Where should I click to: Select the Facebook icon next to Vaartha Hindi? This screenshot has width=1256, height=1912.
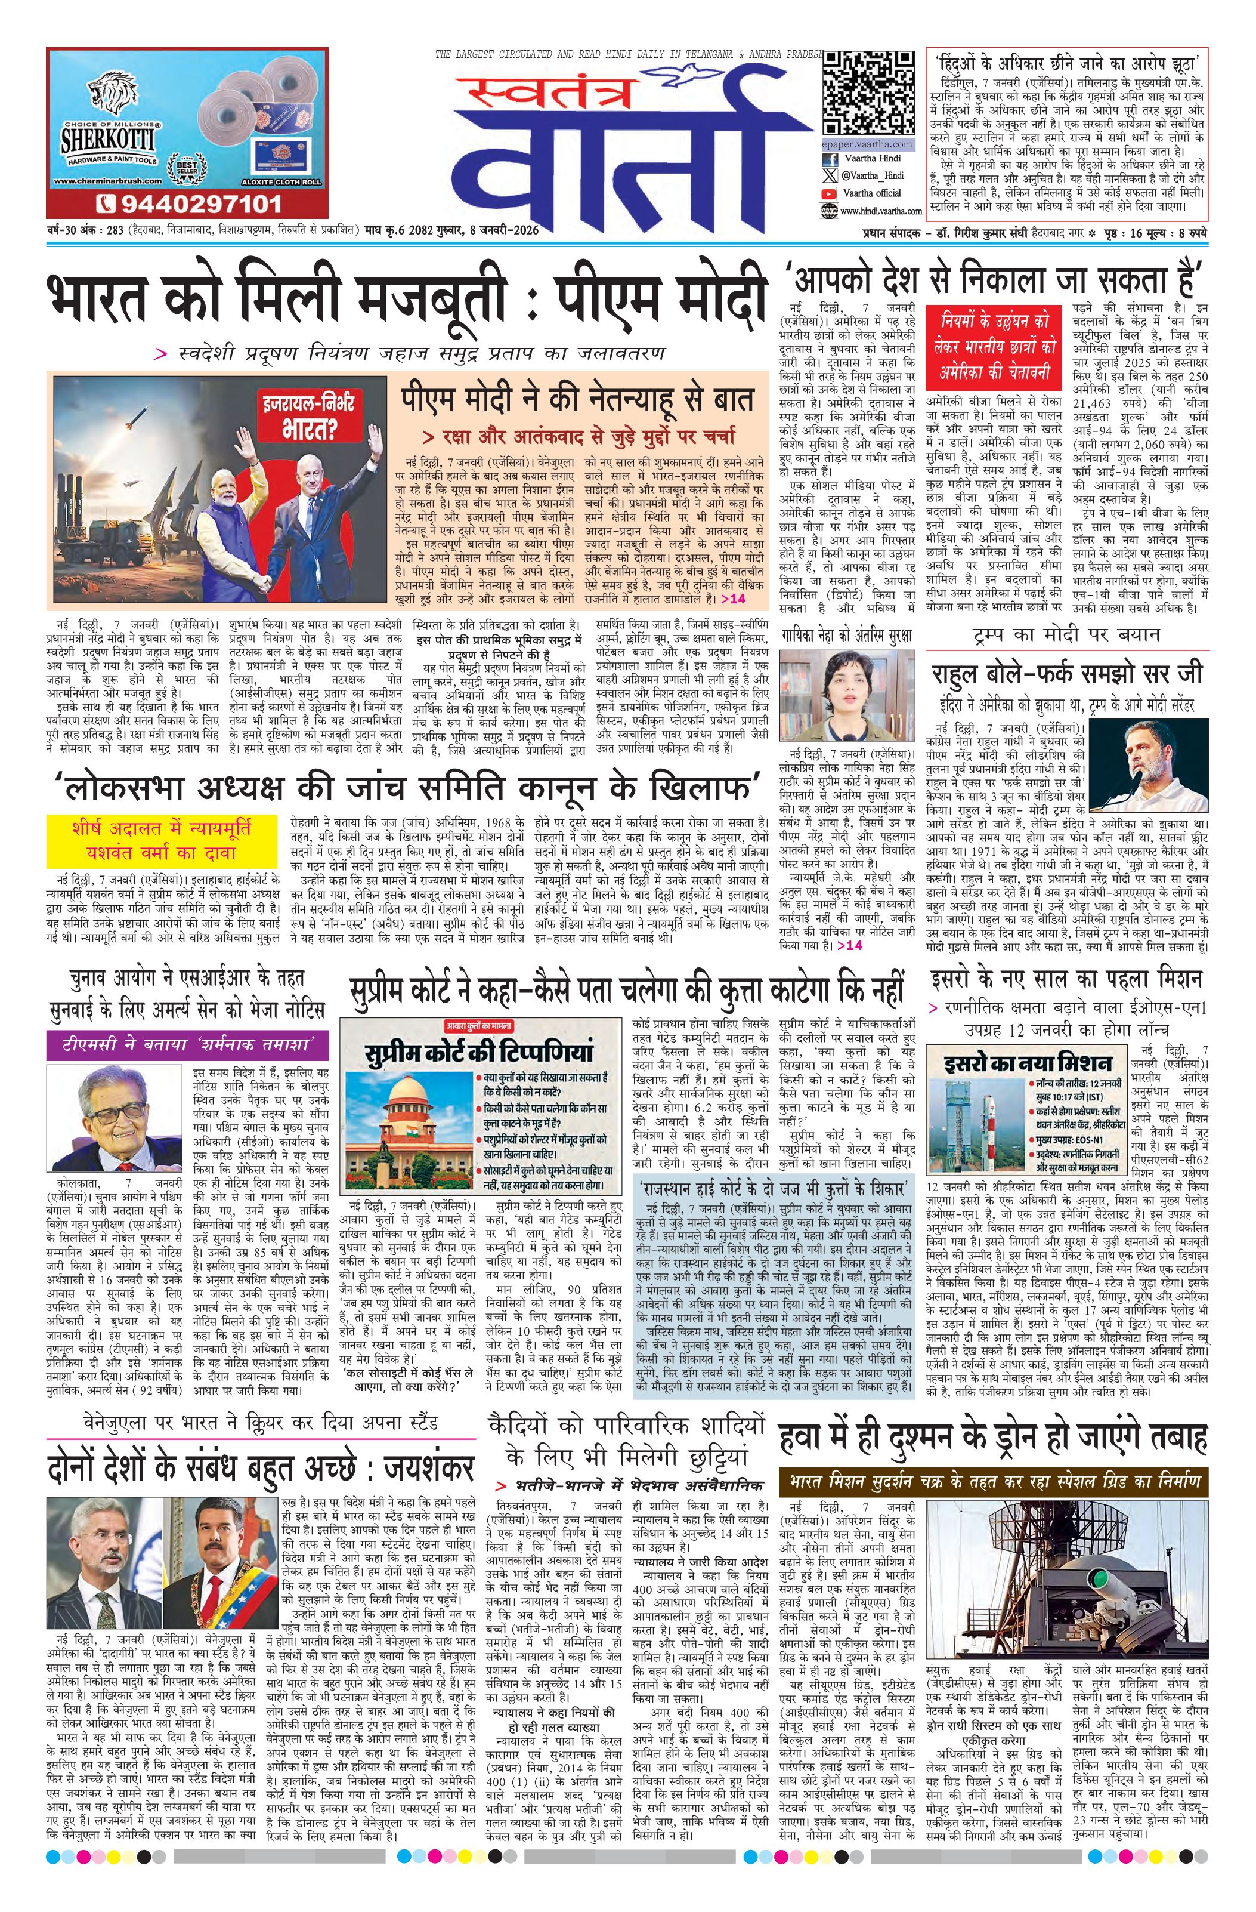(x=830, y=159)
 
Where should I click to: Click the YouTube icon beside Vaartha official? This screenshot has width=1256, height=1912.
(x=830, y=193)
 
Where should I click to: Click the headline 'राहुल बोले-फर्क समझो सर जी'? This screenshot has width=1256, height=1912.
(x=1068, y=673)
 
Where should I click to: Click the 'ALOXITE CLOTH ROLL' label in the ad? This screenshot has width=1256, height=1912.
(x=287, y=181)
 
